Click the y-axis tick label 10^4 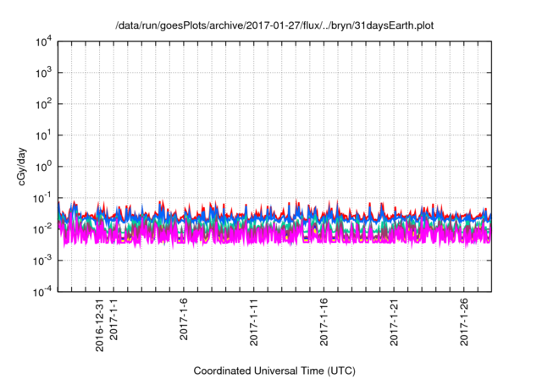coord(40,41)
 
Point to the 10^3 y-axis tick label coord(40,73)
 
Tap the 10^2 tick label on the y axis coord(40,104)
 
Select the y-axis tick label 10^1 coord(40,135)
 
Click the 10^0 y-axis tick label coord(40,167)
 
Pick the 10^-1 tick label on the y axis coord(39,198)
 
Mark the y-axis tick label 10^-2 coord(39,228)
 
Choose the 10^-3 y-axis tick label coord(39,260)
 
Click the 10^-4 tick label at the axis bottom coord(39,291)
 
